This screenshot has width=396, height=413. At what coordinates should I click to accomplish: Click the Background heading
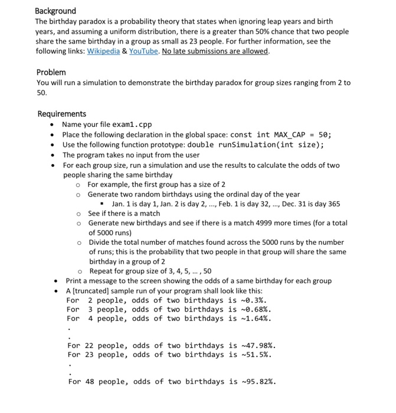55,11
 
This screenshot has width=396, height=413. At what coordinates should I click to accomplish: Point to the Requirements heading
61,114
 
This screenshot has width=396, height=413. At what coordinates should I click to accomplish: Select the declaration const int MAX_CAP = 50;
281,135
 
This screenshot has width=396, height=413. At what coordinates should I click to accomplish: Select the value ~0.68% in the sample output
258,309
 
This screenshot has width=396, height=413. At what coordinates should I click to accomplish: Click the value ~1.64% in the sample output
258,319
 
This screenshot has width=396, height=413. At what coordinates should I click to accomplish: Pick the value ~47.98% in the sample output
260,346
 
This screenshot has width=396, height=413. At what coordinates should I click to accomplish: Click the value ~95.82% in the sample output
260,382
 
